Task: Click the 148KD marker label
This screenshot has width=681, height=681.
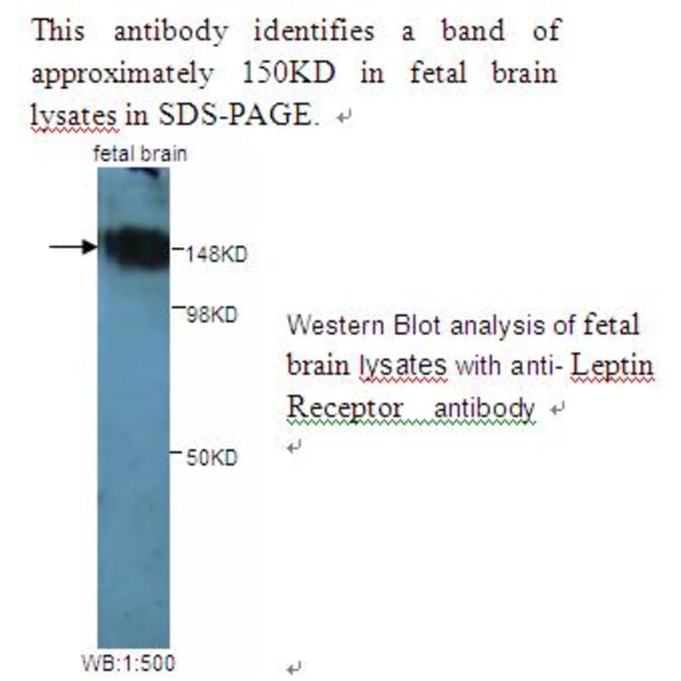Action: (216, 254)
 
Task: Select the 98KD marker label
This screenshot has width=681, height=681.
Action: (212, 314)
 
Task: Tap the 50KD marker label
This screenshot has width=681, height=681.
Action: (212, 458)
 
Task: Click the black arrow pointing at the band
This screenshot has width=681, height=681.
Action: (72, 246)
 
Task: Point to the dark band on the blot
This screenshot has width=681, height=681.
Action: (134, 245)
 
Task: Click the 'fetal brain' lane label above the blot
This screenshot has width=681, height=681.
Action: (141, 154)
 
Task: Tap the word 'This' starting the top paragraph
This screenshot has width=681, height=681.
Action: (59, 31)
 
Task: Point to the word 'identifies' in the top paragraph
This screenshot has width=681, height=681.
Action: (314, 31)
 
